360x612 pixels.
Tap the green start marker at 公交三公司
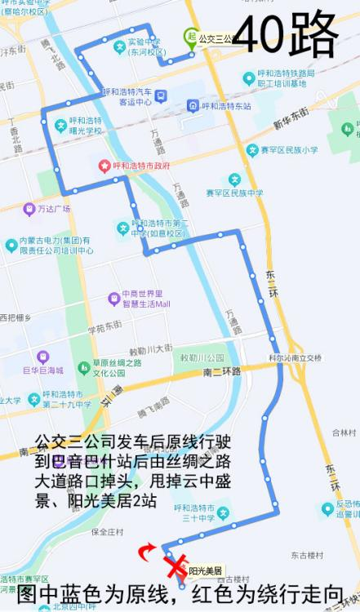point(192,37)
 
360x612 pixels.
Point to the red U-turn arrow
point(148,553)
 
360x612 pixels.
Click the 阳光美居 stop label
point(206,570)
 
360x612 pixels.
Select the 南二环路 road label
point(221,371)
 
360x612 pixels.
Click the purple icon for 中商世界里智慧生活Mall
point(113,299)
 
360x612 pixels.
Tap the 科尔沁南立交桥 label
point(296,357)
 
